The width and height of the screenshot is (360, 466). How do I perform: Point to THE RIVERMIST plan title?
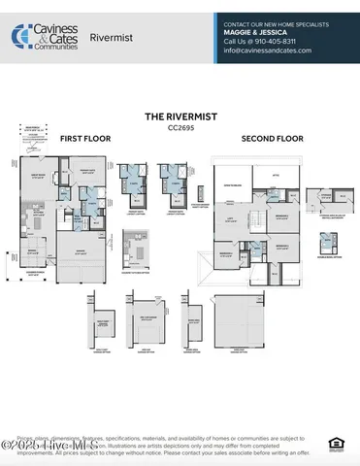coord(179,116)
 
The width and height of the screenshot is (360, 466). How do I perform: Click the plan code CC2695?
coord(180,126)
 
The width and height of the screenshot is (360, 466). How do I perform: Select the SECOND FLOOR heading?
coord(274,139)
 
